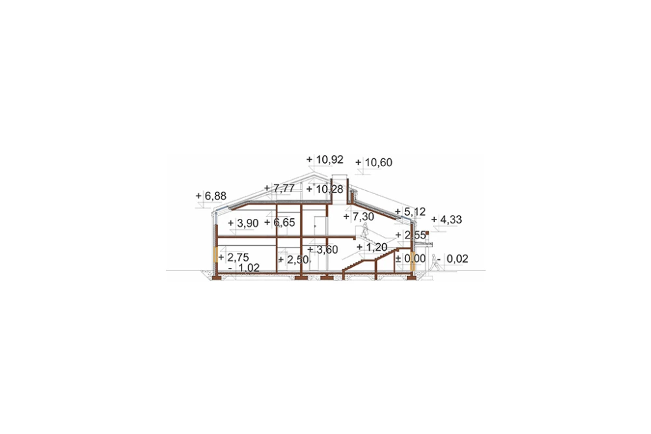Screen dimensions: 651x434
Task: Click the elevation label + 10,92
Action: pyautogui.click(x=325, y=159)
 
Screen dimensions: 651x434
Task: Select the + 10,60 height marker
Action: pyautogui.click(x=374, y=162)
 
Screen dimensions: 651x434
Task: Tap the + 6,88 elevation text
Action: pyautogui.click(x=212, y=195)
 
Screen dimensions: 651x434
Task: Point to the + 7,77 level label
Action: pyautogui.click(x=279, y=188)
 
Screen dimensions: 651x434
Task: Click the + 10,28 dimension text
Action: pyautogui.click(x=325, y=190)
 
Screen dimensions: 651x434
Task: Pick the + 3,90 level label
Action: pyautogui.click(x=243, y=224)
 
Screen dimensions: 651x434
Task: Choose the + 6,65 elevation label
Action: pyautogui.click(x=279, y=222)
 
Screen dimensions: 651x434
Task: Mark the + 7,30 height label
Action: pyautogui.click(x=359, y=216)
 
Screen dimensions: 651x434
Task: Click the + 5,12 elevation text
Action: pyautogui.click(x=410, y=212)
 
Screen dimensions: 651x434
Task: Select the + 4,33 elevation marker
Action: pyautogui.click(x=447, y=220)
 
